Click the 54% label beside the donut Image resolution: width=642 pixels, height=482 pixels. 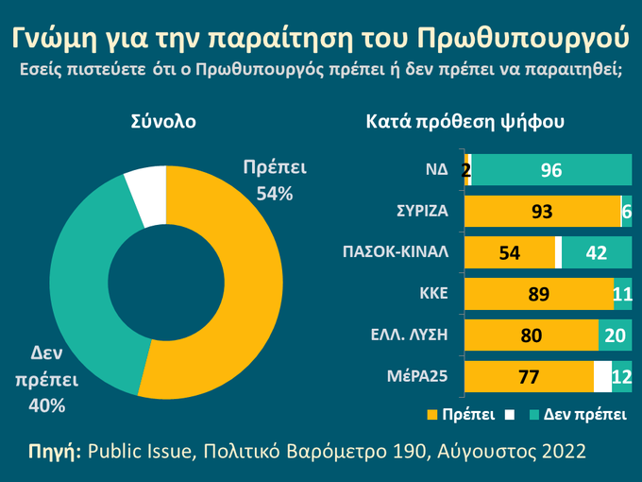point(275,194)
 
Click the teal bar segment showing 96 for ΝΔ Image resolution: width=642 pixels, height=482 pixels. point(551,170)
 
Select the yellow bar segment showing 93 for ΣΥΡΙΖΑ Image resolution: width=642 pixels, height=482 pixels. point(542,212)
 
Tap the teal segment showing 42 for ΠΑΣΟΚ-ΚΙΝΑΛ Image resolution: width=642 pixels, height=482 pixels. point(597,252)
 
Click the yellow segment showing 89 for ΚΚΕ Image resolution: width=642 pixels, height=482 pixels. point(538,294)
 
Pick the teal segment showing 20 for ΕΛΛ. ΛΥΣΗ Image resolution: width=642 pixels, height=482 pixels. point(615,336)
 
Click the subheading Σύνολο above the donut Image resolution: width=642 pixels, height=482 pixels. point(163,122)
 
